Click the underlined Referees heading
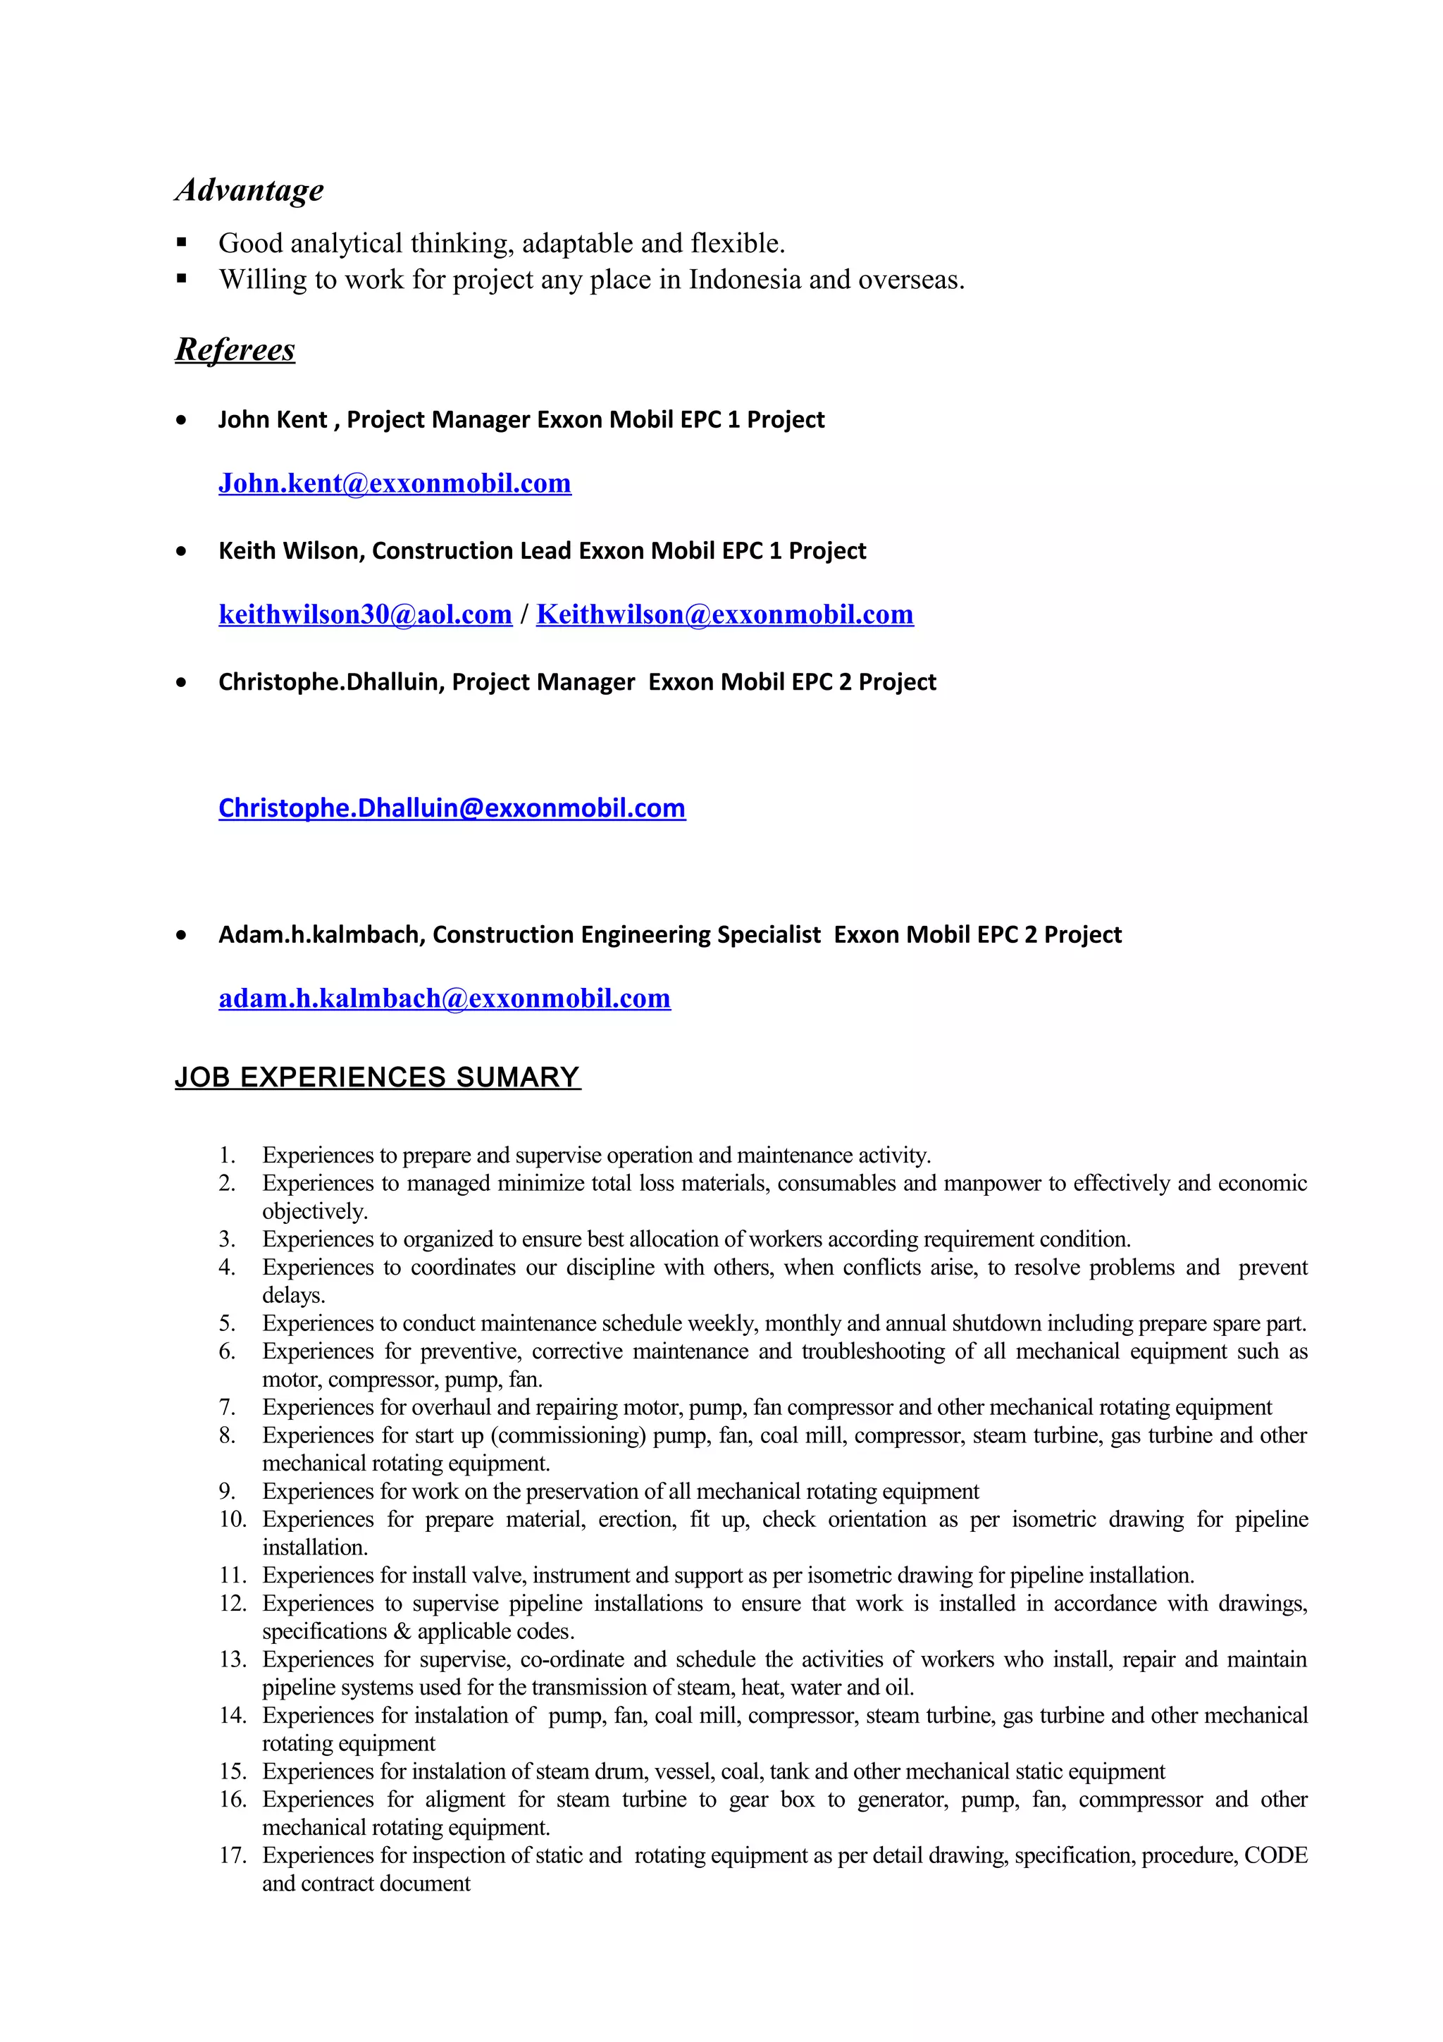pos(235,349)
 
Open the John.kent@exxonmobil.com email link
pos(395,483)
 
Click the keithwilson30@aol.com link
pos(366,614)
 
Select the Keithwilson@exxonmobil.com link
pos(724,614)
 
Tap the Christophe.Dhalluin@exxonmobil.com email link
pos(452,807)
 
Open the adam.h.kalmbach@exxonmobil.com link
pos(445,998)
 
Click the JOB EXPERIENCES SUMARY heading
pos(377,1077)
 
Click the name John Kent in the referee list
pos(272,420)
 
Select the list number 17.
pos(231,1855)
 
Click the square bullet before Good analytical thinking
pos(182,243)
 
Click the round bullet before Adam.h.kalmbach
pos(182,936)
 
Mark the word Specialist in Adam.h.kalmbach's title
pos(769,935)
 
